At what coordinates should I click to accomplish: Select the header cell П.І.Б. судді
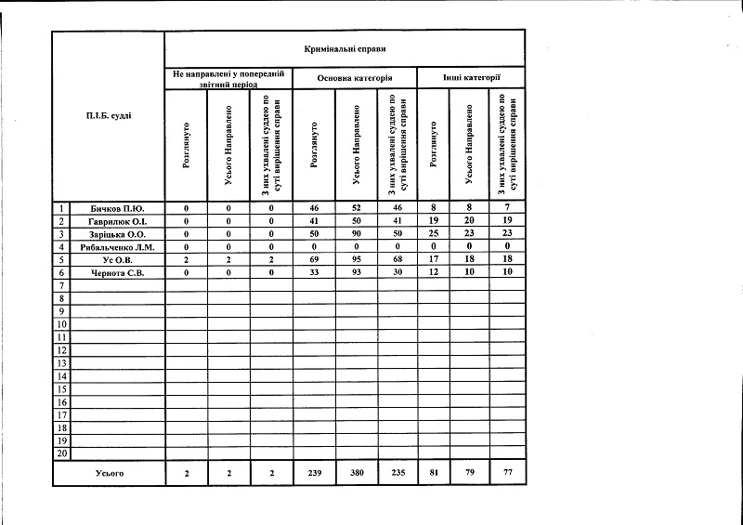click(x=108, y=115)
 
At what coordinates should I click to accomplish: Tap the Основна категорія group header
click(x=354, y=79)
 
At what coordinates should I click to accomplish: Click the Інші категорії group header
click(x=472, y=79)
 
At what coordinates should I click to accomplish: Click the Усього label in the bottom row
click(x=110, y=474)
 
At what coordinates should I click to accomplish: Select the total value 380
click(x=358, y=474)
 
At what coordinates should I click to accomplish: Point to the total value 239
click(x=315, y=474)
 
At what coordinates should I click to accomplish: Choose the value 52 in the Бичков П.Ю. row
click(x=358, y=208)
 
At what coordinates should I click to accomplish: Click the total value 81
click(x=434, y=474)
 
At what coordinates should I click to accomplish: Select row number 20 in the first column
click(x=61, y=453)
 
